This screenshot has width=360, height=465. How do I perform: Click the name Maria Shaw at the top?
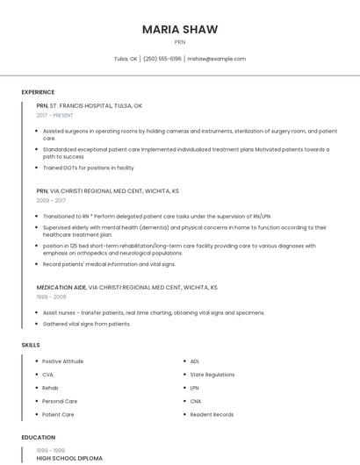[x=180, y=29]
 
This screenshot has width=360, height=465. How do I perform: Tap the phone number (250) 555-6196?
[x=162, y=59]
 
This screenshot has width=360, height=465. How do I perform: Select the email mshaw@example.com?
[x=216, y=59]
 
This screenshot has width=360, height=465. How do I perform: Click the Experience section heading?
[x=38, y=92]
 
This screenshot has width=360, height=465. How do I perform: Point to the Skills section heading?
[x=31, y=345]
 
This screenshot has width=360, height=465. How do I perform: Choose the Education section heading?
[x=38, y=437]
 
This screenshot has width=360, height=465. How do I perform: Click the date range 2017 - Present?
[x=55, y=115]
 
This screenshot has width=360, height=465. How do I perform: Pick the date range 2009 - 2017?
[x=51, y=200]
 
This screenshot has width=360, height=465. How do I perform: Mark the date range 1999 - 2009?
[x=51, y=297]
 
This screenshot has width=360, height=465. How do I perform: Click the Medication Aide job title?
[x=61, y=287]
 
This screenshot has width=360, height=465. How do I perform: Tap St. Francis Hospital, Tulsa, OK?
[x=96, y=105]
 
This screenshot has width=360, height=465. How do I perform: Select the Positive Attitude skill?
[x=62, y=361]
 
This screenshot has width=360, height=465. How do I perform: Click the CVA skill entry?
[x=48, y=375]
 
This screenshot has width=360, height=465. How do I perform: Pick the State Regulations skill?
[x=212, y=375]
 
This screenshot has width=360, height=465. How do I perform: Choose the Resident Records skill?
[x=212, y=414]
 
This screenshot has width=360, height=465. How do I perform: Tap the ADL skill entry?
[x=195, y=361]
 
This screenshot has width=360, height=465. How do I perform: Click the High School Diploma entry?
[x=69, y=458]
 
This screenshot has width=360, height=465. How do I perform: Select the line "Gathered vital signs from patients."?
[x=86, y=324]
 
